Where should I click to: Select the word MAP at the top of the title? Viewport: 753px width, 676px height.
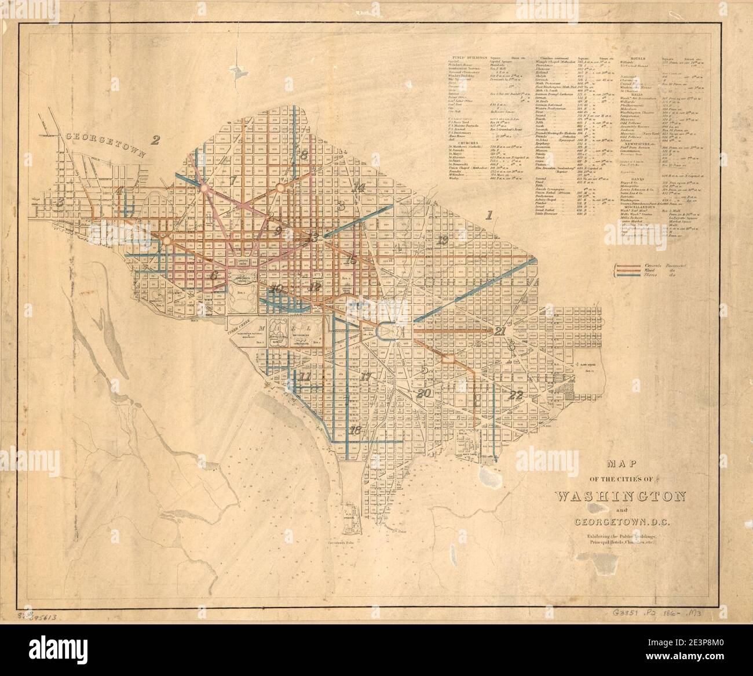point(620,464)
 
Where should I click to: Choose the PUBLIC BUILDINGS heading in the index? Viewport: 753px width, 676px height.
point(468,59)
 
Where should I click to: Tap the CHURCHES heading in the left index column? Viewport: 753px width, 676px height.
point(467,142)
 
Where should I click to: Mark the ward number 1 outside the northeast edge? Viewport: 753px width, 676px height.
point(489,216)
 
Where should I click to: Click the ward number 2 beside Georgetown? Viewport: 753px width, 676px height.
point(155,139)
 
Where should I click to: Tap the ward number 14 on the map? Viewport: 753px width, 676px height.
point(358,187)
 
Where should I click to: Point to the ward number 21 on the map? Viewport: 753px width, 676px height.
point(500,330)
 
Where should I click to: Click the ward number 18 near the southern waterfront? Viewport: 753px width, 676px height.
point(355,430)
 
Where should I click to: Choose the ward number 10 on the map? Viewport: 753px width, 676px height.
point(276,288)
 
